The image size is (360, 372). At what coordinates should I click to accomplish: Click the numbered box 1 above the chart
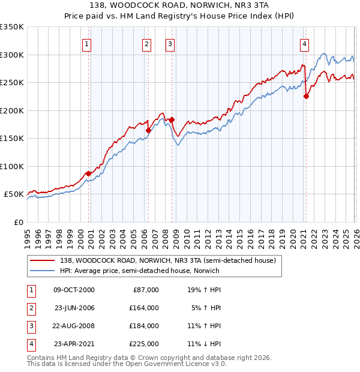(87, 43)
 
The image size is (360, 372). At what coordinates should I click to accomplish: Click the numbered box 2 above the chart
(146, 43)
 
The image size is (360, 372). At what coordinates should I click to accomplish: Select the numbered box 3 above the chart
(170, 43)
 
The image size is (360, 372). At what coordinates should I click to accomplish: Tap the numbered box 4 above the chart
(305, 43)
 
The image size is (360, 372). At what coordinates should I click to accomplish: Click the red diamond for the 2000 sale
(88, 173)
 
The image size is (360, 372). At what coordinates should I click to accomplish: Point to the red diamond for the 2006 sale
(148, 130)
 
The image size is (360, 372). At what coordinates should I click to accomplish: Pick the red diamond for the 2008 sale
(172, 119)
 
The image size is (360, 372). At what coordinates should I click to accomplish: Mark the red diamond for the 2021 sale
(306, 96)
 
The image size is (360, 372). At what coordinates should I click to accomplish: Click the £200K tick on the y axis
(12, 110)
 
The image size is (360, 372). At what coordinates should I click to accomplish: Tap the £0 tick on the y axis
(19, 222)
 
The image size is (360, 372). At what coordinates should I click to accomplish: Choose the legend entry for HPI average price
(139, 271)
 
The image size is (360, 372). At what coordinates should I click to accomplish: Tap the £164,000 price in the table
(144, 308)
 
